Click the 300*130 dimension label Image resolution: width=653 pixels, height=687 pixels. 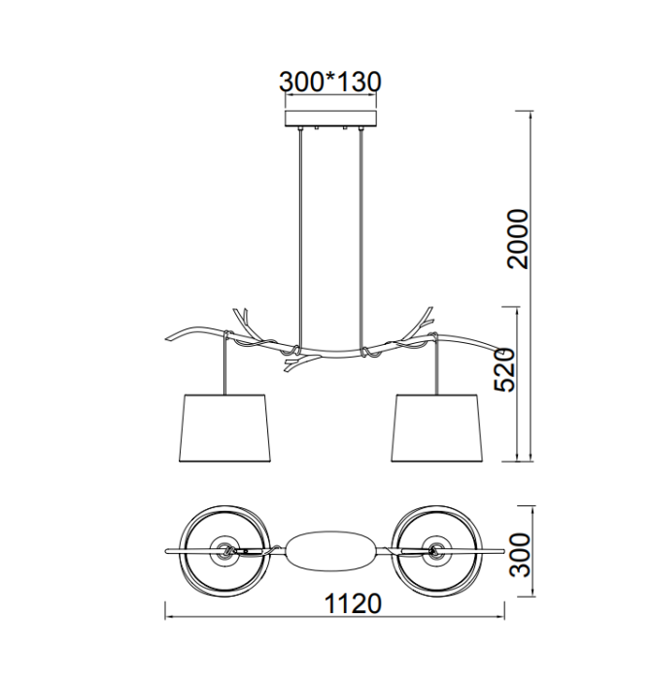(330, 82)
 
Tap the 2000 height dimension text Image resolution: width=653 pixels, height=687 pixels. (518, 239)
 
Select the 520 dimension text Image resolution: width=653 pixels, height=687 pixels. (503, 369)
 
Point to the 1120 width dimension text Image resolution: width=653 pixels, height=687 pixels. (353, 603)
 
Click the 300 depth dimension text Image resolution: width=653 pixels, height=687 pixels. (521, 555)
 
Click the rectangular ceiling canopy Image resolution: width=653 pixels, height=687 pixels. (331, 119)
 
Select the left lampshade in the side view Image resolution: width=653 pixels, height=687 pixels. (224, 428)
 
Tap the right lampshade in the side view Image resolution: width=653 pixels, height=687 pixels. (436, 428)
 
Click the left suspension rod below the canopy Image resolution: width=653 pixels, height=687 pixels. (300, 236)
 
